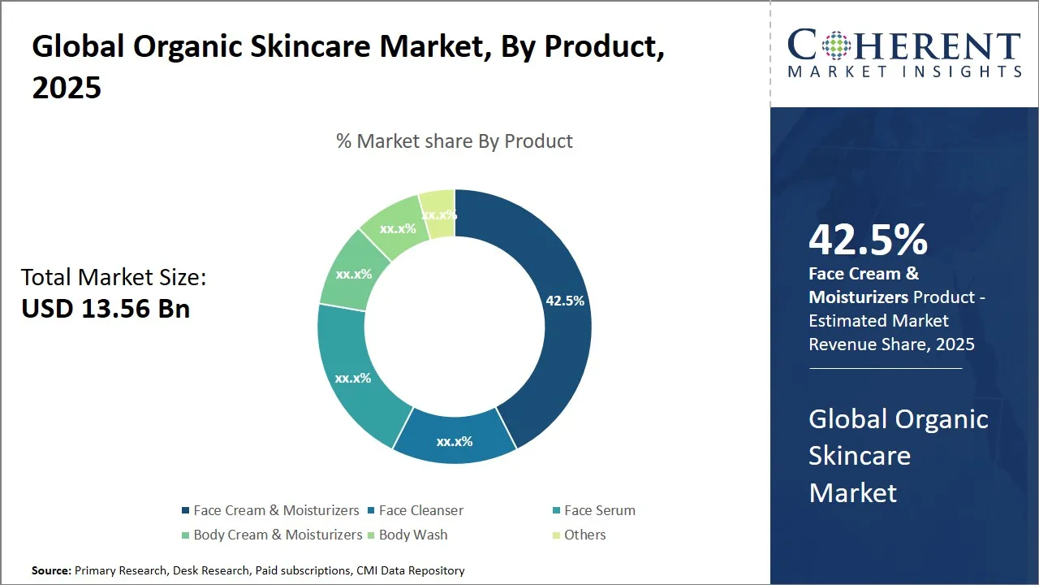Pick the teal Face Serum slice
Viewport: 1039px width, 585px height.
click(x=354, y=379)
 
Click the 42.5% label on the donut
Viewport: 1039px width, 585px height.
click(x=565, y=301)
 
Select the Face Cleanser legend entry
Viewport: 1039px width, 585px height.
click(x=420, y=510)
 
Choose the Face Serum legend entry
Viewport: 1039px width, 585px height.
click(x=599, y=510)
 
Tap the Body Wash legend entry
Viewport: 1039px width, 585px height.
click(x=412, y=535)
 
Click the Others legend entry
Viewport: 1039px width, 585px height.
click(x=584, y=535)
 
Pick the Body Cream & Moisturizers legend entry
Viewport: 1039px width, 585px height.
click(x=278, y=535)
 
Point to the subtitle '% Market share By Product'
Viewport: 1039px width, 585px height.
click(x=455, y=141)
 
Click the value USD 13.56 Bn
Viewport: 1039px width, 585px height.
click(x=106, y=308)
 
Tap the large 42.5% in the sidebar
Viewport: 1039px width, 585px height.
click(x=868, y=240)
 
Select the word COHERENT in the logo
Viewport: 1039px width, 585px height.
click(x=904, y=46)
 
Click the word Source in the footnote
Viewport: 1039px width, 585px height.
click(x=51, y=570)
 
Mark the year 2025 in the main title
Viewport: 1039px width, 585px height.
click(x=67, y=87)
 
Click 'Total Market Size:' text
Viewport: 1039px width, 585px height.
click(x=114, y=278)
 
